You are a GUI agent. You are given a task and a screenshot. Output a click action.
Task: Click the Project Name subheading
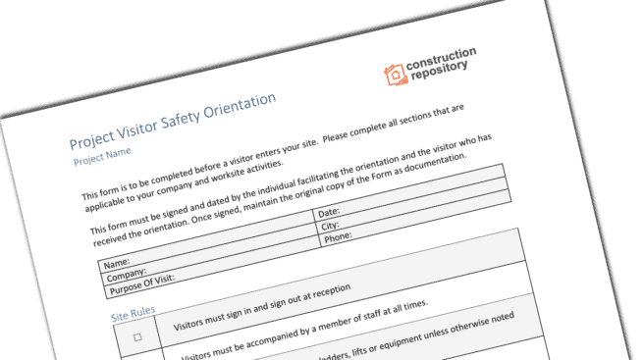pyautogui.click(x=102, y=154)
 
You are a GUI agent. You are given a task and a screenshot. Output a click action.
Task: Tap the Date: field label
pyautogui.click(x=328, y=214)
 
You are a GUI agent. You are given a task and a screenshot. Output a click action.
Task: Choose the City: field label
pyautogui.click(x=330, y=226)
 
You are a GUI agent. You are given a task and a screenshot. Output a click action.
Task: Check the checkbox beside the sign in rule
pyautogui.click(x=137, y=336)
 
